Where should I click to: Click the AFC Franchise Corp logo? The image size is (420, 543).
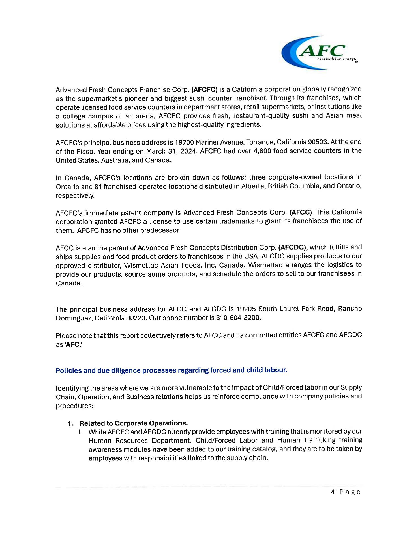[320, 53]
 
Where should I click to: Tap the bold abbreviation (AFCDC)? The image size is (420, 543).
[293, 247]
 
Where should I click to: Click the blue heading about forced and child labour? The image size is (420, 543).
[172, 370]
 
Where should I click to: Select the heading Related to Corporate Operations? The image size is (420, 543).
[134, 423]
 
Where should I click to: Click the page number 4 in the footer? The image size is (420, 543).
[332, 492]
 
